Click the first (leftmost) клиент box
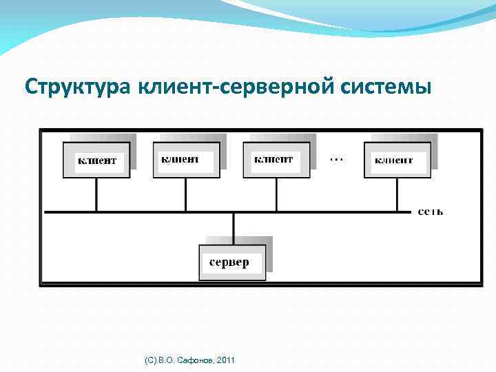pyautogui.click(x=96, y=161)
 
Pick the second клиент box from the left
pyautogui.click(x=186, y=160)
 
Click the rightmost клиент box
pyautogui.click(x=396, y=160)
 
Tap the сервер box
pyautogui.click(x=232, y=262)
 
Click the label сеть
pyautogui.click(x=431, y=211)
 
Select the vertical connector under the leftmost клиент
pyautogui.click(x=96, y=195)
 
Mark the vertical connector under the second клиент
pyautogui.click(x=186, y=195)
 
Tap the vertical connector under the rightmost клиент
pyautogui.click(x=397, y=195)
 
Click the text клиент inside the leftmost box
pyautogui.click(x=96, y=161)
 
